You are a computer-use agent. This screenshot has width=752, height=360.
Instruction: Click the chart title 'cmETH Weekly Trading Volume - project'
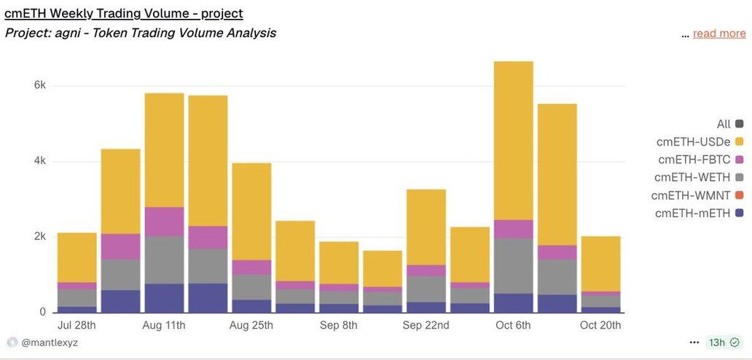click(124, 13)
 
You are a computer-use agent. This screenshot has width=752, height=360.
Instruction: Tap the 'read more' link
click(718, 34)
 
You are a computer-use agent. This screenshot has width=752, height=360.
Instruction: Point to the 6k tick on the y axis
click(40, 85)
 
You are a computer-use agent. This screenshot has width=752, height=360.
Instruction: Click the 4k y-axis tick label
click(40, 161)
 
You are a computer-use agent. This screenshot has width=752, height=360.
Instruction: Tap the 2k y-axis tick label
click(40, 237)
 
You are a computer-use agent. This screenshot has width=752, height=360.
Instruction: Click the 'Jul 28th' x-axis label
click(77, 325)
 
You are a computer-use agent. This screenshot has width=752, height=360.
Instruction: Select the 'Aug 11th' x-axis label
click(164, 325)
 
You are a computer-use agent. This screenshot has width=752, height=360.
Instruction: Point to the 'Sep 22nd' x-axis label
click(426, 325)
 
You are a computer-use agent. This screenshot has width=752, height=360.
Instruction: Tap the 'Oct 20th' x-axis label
click(600, 325)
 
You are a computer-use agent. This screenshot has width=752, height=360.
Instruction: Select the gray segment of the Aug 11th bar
click(164, 259)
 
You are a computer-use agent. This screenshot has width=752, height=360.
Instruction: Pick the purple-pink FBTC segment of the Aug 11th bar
click(164, 222)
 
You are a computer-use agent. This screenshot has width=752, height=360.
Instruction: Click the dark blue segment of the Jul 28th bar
click(77, 309)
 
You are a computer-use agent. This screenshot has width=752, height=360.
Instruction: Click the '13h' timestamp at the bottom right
click(717, 342)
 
